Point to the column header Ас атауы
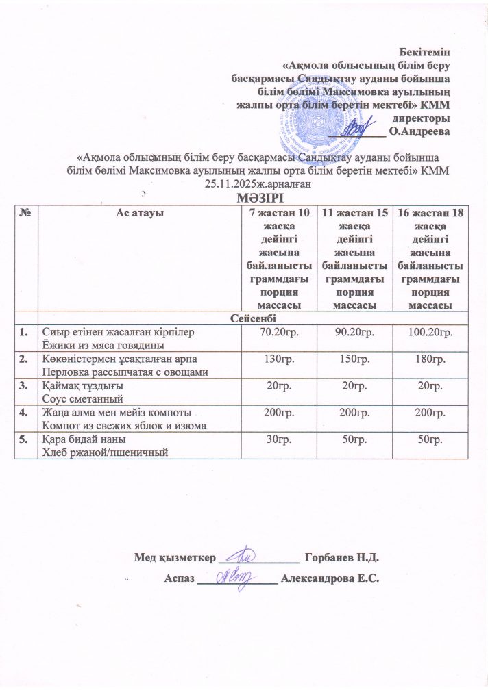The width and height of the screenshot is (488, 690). (x=134, y=213)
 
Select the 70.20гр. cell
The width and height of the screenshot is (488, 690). (x=274, y=332)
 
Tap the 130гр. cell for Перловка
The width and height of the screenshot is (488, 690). (x=274, y=359)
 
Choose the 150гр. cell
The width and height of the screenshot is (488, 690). (x=352, y=359)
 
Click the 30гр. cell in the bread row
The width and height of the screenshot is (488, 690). (x=274, y=438)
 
